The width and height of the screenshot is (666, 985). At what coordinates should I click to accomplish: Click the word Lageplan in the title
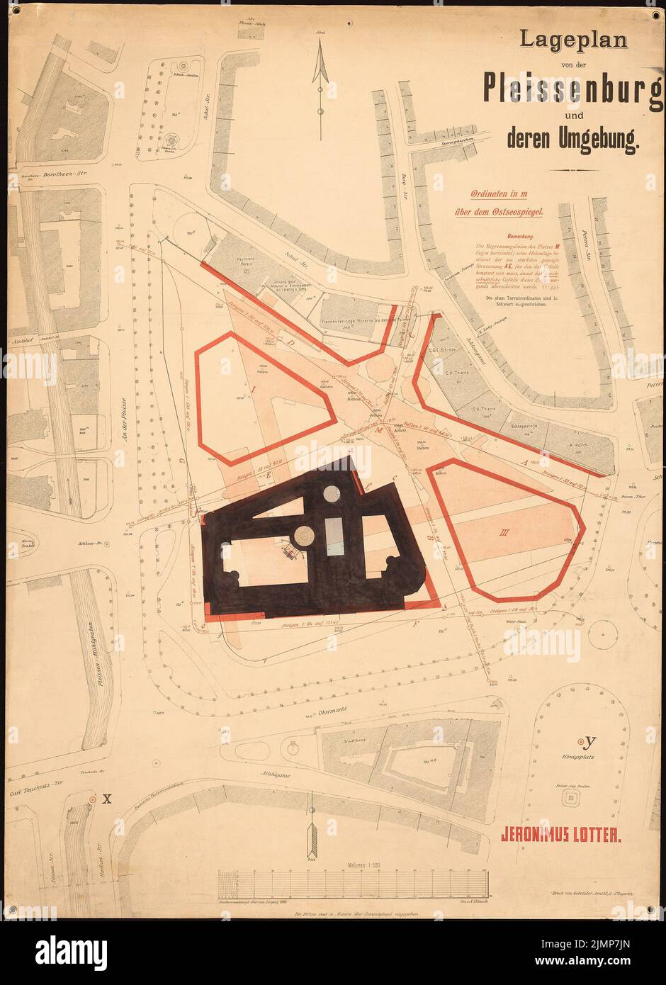(573, 40)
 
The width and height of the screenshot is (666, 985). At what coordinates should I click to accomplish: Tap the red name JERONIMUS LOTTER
(561, 834)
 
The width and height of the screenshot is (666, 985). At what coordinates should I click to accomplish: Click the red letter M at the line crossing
(378, 431)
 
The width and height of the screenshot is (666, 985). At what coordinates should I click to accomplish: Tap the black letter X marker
(107, 799)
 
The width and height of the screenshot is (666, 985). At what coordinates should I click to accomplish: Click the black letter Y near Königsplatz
(590, 742)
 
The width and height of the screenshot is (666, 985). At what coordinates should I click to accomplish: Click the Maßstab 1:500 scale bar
(353, 884)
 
